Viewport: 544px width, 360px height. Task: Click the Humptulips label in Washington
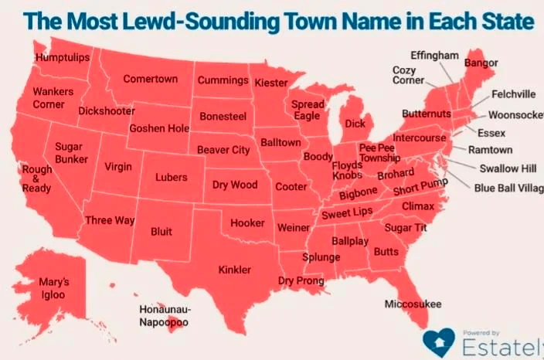(x=63, y=58)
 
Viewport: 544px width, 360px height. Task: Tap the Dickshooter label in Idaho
(x=107, y=111)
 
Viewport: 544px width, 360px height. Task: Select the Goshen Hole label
(x=158, y=128)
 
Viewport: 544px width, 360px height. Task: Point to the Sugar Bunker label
(x=70, y=152)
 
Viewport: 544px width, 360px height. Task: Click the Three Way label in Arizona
(x=110, y=221)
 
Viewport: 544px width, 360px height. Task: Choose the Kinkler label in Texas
(x=234, y=270)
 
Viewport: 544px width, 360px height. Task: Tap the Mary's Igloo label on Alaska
(x=54, y=288)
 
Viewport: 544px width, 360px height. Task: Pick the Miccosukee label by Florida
(x=413, y=304)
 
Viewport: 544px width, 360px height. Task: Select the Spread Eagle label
(x=307, y=110)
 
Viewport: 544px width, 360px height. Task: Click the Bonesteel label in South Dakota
(x=222, y=116)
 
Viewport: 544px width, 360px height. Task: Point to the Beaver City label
(x=223, y=150)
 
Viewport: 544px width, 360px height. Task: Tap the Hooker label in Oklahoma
(x=247, y=223)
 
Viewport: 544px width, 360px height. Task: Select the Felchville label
(x=513, y=95)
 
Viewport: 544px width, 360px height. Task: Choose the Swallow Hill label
(x=507, y=169)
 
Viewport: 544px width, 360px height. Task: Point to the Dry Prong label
(x=301, y=281)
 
